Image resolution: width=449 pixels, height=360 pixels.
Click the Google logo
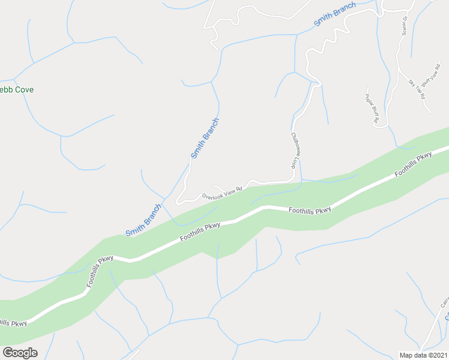[x=20, y=353]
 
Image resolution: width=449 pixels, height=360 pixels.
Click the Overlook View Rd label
[x=221, y=193]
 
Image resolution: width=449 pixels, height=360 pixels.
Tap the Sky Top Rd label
[x=417, y=89]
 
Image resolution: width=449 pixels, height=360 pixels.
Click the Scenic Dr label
[x=404, y=25]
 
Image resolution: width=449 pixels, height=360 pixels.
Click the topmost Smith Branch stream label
[x=334, y=14]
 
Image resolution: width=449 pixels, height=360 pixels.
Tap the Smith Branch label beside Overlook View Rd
[x=205, y=139]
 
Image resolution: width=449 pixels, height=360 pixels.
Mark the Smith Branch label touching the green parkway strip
[x=143, y=220]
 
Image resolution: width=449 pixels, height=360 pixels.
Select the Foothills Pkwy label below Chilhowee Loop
[x=309, y=211]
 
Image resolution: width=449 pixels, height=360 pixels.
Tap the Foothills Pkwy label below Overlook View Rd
[x=200, y=233]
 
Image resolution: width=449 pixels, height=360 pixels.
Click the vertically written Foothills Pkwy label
[x=100, y=272]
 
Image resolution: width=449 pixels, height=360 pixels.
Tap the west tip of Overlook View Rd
[x=177, y=203]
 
